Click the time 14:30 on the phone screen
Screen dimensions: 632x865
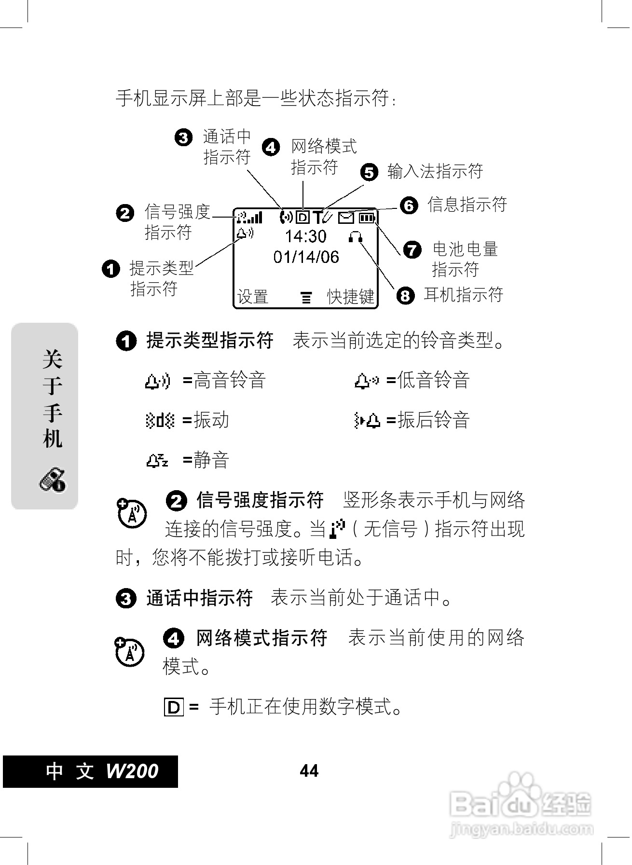pos(305,236)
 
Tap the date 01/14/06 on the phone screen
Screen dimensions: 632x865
pos(306,257)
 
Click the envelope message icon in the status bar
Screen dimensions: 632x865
pos(345,218)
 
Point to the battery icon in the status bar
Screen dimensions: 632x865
pos(367,218)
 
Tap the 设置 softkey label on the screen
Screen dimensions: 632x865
pos(252,297)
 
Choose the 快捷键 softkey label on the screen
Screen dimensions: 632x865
pos(351,297)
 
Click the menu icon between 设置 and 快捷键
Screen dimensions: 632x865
pos(306,298)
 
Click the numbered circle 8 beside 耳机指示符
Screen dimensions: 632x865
pos(405,295)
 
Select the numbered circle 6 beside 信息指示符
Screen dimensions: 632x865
pos(409,206)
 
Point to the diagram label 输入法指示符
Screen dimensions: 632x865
pos(435,171)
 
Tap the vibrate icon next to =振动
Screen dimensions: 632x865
pos(160,421)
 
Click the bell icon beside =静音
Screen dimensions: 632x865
pos(157,461)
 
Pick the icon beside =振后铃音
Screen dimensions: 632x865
pos(367,421)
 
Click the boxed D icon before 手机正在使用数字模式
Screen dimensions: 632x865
pos(174,707)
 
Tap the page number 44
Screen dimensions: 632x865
pos(309,771)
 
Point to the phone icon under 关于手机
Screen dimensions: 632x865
pos(52,480)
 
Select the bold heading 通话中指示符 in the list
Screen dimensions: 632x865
pos(200,598)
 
